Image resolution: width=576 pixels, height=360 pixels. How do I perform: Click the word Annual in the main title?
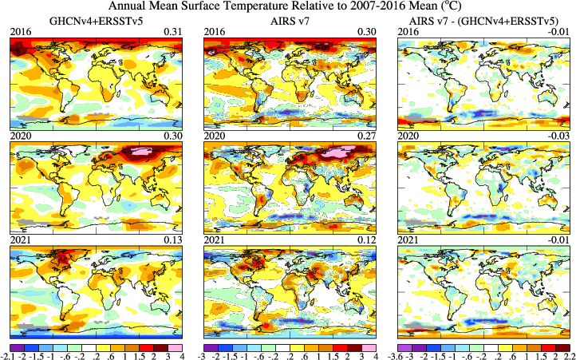[x=151, y=6]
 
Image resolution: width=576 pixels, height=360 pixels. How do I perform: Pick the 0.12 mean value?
[x=368, y=240]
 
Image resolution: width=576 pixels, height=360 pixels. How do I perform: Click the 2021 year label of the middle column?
[x=214, y=240]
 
